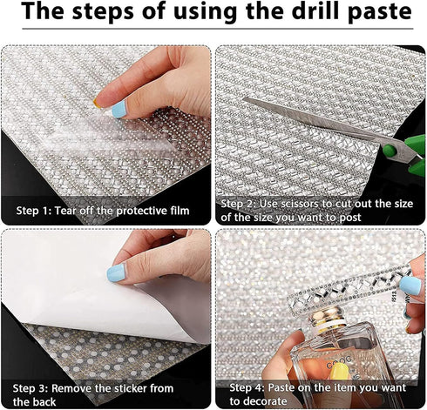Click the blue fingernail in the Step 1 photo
click(119, 109)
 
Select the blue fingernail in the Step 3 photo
click(116, 272)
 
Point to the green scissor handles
click(407, 155)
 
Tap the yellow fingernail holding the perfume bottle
click(340, 372)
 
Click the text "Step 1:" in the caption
click(34, 211)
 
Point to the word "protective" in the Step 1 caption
click(139, 211)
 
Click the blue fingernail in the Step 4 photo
click(410, 286)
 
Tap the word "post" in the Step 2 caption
click(350, 218)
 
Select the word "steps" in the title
click(104, 13)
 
